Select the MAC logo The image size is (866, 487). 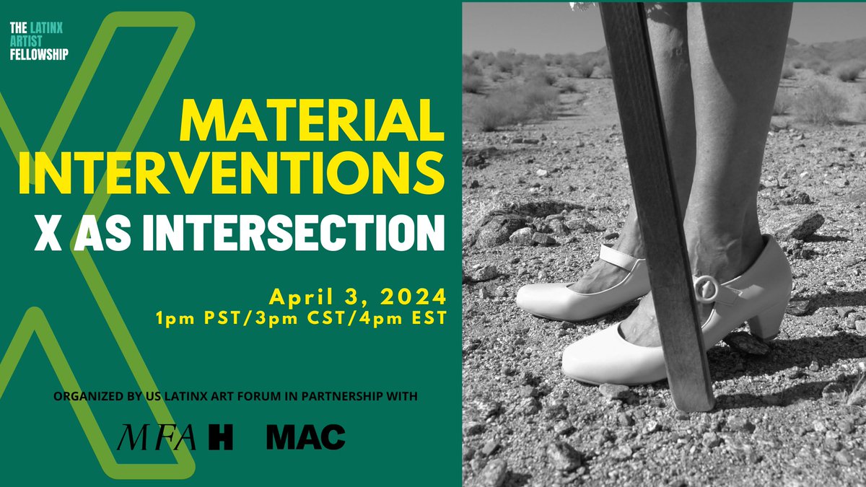305,437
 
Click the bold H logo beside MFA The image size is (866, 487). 220,438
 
